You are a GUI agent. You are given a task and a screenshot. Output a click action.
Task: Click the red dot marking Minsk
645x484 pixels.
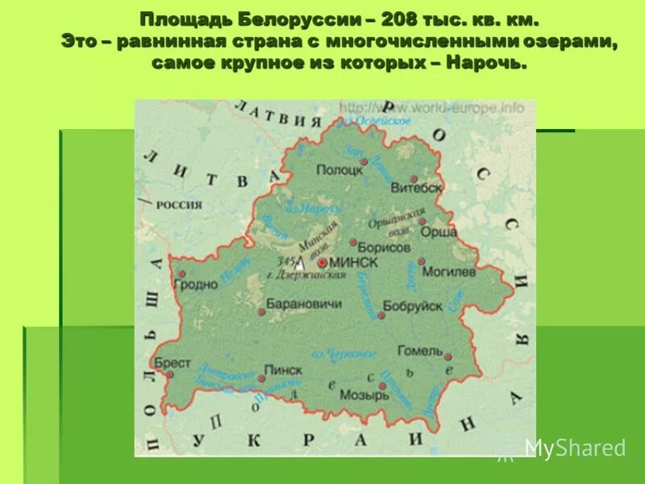322,262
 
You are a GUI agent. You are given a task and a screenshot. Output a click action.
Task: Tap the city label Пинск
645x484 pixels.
284,369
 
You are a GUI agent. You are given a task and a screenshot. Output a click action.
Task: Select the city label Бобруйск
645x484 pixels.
413,306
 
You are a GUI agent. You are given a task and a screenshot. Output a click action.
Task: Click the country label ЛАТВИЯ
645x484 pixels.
272,116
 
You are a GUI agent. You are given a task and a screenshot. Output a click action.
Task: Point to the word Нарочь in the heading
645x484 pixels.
490,63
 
